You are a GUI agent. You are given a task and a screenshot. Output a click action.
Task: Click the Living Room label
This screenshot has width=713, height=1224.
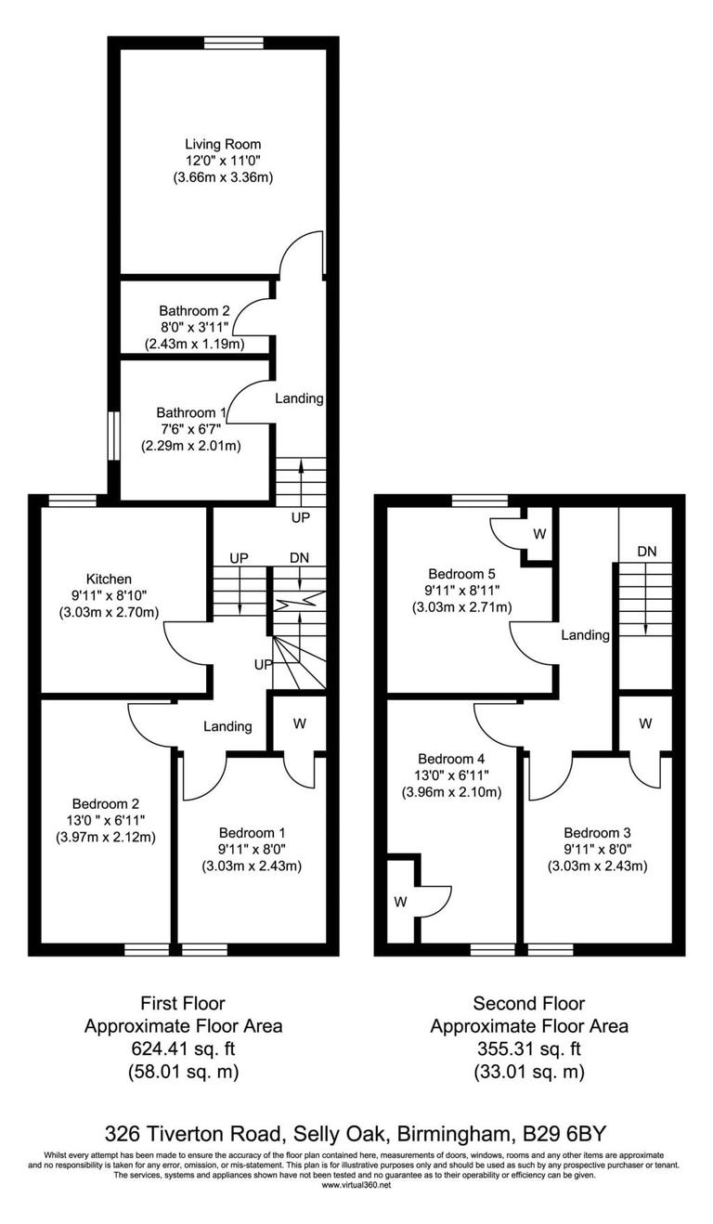click(x=223, y=144)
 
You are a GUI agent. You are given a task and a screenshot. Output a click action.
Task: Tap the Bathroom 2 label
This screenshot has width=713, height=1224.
click(x=194, y=310)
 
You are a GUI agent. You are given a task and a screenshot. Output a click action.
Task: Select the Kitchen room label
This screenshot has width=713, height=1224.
click(x=110, y=579)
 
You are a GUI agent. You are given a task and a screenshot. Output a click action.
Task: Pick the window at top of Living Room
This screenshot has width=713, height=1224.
click(x=234, y=41)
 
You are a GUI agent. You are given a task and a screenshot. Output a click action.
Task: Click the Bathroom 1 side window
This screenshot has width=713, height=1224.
click(x=113, y=436)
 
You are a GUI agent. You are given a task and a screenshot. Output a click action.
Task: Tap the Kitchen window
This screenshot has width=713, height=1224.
click(x=72, y=501)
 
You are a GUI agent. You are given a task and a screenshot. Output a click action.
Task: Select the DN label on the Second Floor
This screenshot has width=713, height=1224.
click(x=647, y=551)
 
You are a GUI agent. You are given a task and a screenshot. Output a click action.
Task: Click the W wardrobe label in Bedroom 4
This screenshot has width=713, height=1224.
click(x=400, y=901)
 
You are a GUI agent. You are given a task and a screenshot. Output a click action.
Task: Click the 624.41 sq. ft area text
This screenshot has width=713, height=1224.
click(x=183, y=1049)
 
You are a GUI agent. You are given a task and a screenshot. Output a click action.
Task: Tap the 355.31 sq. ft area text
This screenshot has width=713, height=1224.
click(x=528, y=1049)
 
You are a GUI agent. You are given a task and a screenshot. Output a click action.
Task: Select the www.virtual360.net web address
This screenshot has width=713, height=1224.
click(x=356, y=1184)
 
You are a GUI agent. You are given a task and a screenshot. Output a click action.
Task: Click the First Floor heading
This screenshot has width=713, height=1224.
click(x=183, y=1003)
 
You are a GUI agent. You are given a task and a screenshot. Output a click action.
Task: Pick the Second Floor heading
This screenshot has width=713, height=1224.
click(x=528, y=1003)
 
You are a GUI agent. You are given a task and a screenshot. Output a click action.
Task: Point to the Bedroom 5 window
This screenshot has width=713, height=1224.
click(x=481, y=501)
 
